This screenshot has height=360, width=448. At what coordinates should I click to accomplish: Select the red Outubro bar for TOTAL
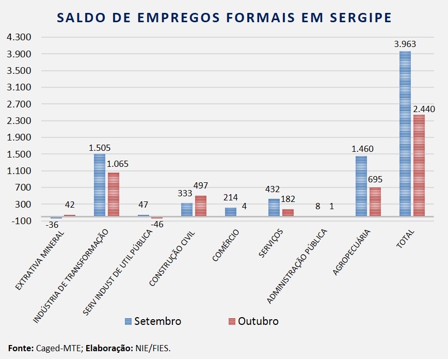click(x=419, y=165)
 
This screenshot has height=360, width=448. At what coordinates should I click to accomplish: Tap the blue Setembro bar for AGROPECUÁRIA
click(x=361, y=186)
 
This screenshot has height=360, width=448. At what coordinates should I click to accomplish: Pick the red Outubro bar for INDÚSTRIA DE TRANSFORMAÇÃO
click(x=114, y=194)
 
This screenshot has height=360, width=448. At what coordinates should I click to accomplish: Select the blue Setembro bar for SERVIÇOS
click(x=274, y=208)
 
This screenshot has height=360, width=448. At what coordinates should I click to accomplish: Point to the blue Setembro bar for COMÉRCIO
click(x=231, y=212)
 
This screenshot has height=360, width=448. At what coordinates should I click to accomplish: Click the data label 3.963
click(x=405, y=44)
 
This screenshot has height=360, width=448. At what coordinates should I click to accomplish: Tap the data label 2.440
click(x=424, y=109)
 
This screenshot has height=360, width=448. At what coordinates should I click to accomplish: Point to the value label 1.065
click(x=118, y=165)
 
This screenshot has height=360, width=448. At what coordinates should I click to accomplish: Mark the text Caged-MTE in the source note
click(x=54, y=348)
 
